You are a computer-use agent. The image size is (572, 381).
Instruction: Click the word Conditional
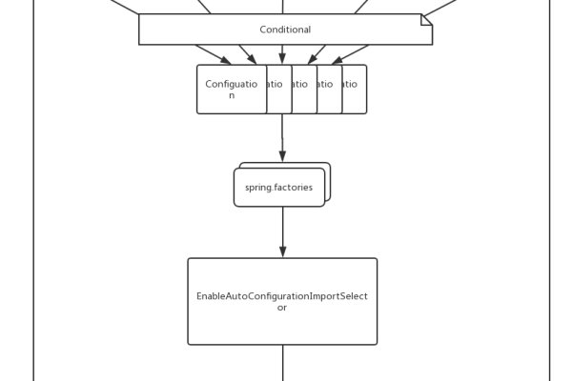pos(285,30)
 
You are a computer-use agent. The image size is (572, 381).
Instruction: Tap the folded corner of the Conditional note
pos(426,19)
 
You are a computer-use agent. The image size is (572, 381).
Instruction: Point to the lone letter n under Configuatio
pos(232,95)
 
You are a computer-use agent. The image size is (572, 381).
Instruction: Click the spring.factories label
pos(278,188)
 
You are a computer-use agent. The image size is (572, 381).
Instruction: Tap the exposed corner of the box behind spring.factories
pos(326,167)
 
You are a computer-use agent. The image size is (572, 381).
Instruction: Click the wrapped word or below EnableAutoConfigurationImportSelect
pos(282,308)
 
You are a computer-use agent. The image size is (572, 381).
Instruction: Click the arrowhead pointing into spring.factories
pos(282,157)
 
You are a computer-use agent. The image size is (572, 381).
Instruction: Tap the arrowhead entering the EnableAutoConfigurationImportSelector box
pos(282,252)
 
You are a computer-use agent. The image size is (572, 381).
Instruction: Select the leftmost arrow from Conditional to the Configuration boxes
pos(212,54)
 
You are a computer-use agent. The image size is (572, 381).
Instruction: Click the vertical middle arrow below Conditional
pos(282,54)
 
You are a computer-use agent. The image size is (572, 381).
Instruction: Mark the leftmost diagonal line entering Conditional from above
pos(124,7)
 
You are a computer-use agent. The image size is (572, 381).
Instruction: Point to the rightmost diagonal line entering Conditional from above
pos(440,8)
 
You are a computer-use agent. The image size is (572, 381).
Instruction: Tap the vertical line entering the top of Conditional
pos(282,6)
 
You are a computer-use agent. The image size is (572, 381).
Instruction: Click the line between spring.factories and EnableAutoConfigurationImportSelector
pos(282,229)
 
